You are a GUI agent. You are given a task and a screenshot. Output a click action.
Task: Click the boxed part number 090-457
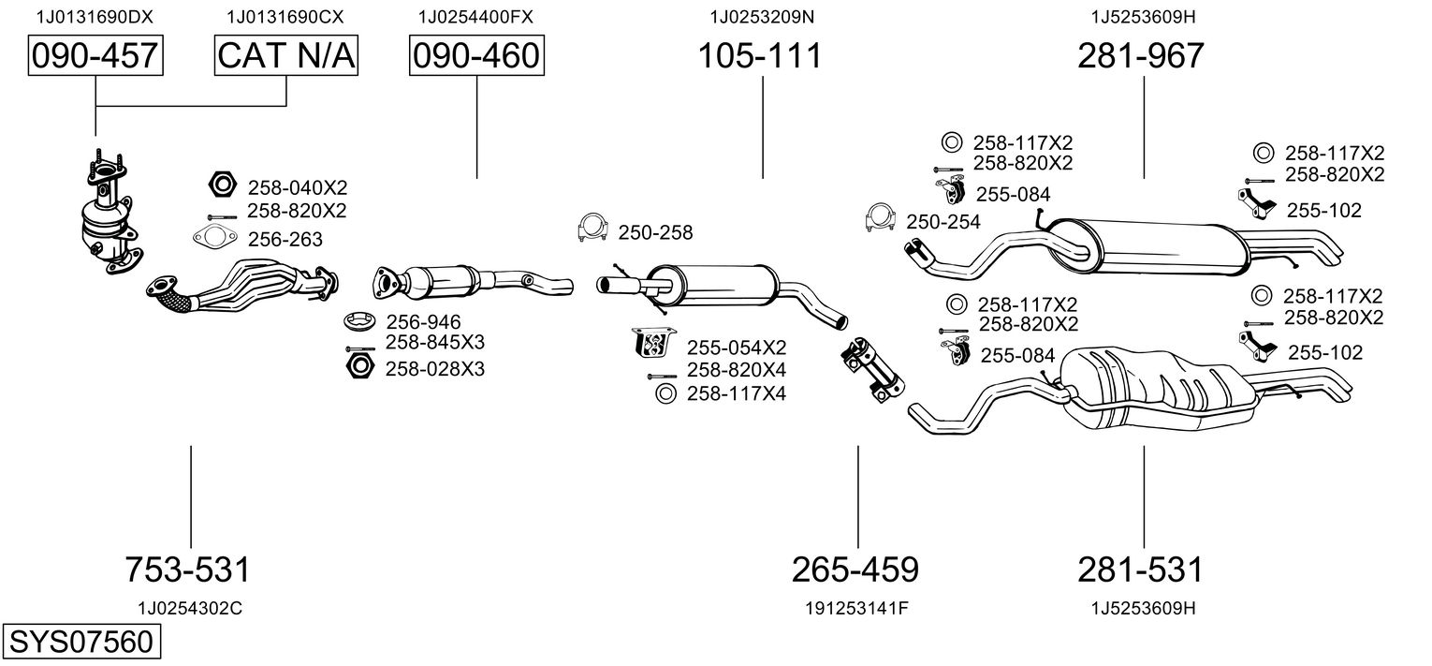[x=95, y=56]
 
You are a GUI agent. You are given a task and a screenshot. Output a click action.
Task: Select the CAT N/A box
[x=286, y=56]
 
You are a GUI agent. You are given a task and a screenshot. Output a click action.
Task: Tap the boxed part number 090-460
[x=476, y=56]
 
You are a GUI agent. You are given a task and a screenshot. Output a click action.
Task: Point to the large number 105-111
[x=760, y=56]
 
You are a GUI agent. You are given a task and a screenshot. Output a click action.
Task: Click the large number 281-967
[x=1140, y=56]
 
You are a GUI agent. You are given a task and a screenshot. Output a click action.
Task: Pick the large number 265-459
[x=855, y=569]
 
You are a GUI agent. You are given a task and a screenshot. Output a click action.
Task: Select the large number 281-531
[x=1140, y=569]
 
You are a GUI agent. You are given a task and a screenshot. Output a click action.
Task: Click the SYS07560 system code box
[x=80, y=643]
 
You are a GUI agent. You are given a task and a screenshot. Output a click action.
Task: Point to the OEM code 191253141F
[x=856, y=608]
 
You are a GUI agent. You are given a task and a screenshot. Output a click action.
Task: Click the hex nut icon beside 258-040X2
[x=220, y=185]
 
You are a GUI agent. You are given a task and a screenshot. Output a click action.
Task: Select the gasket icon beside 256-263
[x=214, y=238]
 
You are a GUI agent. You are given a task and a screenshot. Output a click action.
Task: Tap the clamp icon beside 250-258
[x=591, y=228]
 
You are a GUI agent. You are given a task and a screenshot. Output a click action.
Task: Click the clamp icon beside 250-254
[x=879, y=218]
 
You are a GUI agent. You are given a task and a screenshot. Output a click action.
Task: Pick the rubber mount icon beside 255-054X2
[x=653, y=343]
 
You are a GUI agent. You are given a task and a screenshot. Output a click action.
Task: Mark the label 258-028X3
[x=434, y=369]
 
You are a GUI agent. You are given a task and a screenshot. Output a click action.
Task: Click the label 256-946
[x=422, y=322]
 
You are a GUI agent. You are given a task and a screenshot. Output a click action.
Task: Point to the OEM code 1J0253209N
[x=761, y=16]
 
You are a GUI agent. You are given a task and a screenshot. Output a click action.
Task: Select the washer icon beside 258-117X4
[x=665, y=393]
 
